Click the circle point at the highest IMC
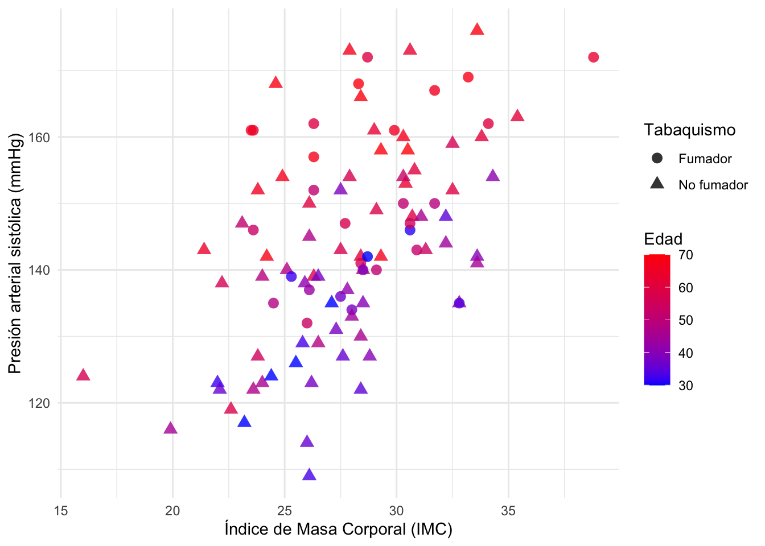point(593,57)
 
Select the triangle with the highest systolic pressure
point(477,30)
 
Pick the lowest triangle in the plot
point(309,475)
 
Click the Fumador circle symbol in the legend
point(657,159)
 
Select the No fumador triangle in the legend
point(657,184)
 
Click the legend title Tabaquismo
point(689,130)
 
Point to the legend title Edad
point(663,239)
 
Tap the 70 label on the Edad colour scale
point(686,255)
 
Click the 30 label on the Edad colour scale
point(686,386)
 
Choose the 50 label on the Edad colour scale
point(686,320)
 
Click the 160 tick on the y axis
point(40,138)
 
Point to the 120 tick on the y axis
point(40,403)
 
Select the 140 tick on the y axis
point(40,270)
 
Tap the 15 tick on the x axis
point(61,511)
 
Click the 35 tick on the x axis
point(508,511)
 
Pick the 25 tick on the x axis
point(285,511)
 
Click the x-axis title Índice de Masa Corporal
point(338,530)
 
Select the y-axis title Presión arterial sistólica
point(15,253)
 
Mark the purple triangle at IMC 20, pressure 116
point(170,428)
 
